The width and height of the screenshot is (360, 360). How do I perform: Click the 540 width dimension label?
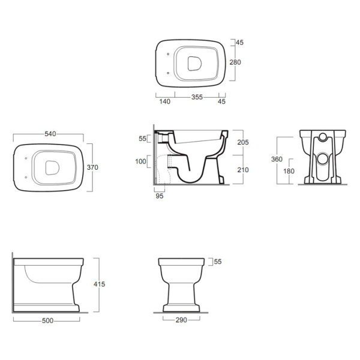tap(50, 134)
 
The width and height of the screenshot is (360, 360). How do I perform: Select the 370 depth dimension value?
tap(92, 167)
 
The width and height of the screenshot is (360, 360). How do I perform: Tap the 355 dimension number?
tap(197, 97)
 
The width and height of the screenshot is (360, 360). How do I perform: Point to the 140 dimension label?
tap(164, 101)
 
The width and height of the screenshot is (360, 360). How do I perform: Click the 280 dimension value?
tap(235, 62)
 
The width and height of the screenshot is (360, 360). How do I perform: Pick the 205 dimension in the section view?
tap(243, 142)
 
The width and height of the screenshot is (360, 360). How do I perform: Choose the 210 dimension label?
tap(243, 170)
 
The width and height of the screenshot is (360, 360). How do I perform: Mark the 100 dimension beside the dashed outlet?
tap(140, 161)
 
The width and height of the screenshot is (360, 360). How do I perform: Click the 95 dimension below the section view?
tap(160, 196)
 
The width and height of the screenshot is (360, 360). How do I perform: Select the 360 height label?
tap(277, 159)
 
